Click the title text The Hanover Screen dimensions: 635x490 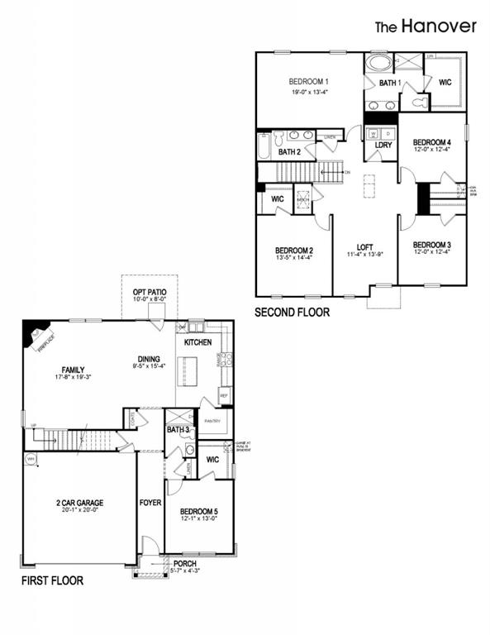426,26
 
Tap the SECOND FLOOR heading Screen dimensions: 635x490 293,313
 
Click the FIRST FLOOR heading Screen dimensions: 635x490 52,580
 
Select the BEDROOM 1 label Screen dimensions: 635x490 309,81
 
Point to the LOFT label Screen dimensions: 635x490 364,246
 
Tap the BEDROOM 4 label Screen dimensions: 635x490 432,141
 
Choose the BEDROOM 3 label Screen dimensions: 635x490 432,245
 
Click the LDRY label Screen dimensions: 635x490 383,146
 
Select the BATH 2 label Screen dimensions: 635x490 289,152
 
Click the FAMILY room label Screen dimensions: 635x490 74,370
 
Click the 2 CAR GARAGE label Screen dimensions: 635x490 79,502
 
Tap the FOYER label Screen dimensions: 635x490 150,502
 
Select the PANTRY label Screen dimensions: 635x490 212,421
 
